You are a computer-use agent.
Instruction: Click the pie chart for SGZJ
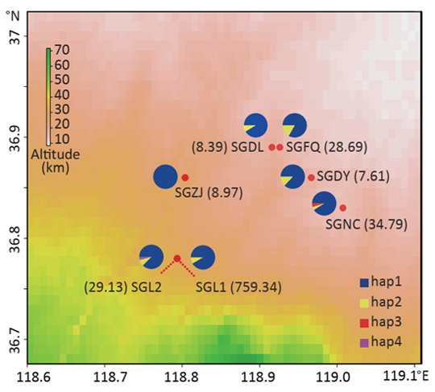165,176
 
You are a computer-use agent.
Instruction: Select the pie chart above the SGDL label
255,126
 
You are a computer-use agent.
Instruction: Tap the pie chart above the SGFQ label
295,126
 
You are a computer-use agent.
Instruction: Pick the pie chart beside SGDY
292,176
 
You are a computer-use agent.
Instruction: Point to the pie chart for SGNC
325,204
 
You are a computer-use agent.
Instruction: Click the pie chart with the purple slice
151,257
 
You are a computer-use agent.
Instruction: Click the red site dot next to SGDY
311,177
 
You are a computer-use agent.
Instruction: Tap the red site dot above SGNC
343,208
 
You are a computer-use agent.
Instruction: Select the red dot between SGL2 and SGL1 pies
177,258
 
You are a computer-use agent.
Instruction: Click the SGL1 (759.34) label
238,287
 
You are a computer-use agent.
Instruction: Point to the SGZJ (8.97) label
209,192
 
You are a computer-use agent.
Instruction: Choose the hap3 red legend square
364,323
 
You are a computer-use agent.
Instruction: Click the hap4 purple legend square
364,343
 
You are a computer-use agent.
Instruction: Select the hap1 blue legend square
364,283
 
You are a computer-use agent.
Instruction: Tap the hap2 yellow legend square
364,303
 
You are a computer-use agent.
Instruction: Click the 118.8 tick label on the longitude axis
182,378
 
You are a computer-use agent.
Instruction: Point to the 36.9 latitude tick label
15,138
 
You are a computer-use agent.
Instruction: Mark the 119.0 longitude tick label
336,378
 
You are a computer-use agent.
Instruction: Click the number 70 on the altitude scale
61,50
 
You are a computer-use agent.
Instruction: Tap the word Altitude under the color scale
56,154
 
